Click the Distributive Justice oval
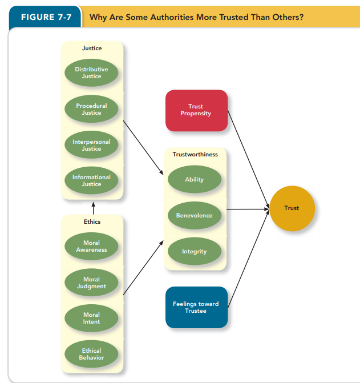(x=91, y=73)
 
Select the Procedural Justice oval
(x=91, y=109)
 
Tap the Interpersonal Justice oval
(x=91, y=145)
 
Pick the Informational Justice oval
(x=91, y=180)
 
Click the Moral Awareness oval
(x=91, y=246)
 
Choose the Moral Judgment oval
(x=91, y=283)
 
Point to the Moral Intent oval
(x=91, y=318)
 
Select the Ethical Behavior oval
(x=91, y=354)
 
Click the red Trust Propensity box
(x=196, y=110)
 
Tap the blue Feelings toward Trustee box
(x=196, y=307)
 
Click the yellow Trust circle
(x=292, y=208)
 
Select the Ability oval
(x=194, y=180)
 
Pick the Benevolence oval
(x=194, y=216)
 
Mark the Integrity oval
(x=194, y=252)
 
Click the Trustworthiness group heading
(x=195, y=155)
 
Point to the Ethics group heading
(x=92, y=221)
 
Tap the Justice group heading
(x=92, y=49)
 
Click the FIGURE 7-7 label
(x=46, y=17)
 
